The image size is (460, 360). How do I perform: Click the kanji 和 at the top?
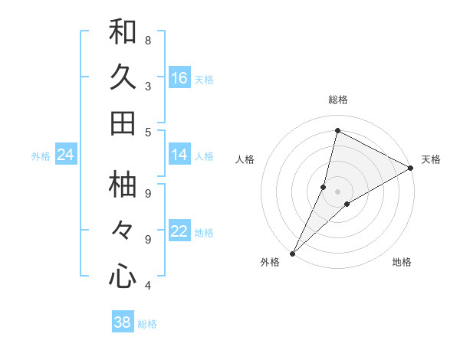point(123,31)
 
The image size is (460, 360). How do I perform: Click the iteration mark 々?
point(123,230)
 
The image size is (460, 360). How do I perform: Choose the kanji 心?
point(123,276)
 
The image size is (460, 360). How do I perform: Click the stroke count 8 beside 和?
point(148,40)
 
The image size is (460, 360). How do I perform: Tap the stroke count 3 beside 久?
point(148,87)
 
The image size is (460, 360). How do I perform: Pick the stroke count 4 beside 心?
point(148,286)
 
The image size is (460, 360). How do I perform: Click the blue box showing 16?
point(179,78)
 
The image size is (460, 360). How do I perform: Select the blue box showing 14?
point(179,155)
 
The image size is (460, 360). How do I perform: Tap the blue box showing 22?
point(179,232)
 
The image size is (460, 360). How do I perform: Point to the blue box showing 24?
point(65,155)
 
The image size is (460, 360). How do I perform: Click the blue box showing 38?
point(123,322)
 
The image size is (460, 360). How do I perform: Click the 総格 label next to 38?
point(147,324)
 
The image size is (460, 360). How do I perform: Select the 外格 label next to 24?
point(41,156)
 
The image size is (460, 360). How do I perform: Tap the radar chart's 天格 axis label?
point(431,159)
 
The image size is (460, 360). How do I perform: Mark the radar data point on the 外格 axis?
point(292,253)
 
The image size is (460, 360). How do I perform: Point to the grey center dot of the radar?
point(337,191)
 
